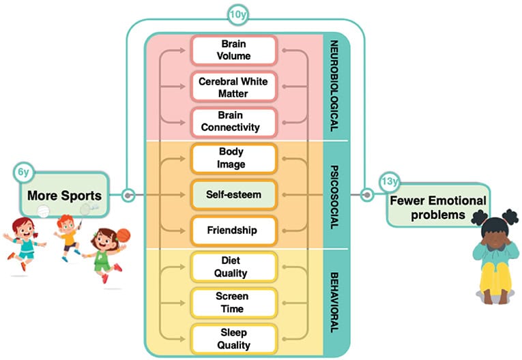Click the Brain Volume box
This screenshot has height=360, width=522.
click(233, 50)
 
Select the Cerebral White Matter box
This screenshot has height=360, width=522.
click(233, 87)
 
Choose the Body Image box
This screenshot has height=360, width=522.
click(233, 159)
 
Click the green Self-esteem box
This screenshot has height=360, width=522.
click(233, 194)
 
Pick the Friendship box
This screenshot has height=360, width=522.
click(233, 230)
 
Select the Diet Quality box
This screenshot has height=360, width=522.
click(233, 267)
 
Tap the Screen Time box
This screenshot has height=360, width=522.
click(233, 303)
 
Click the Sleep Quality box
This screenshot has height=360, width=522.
click(233, 339)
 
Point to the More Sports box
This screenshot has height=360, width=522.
click(63, 196)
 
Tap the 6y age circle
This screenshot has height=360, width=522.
click(23, 172)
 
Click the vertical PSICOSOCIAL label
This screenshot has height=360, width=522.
click(335, 194)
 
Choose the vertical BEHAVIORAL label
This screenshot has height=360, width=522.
click(335, 300)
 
